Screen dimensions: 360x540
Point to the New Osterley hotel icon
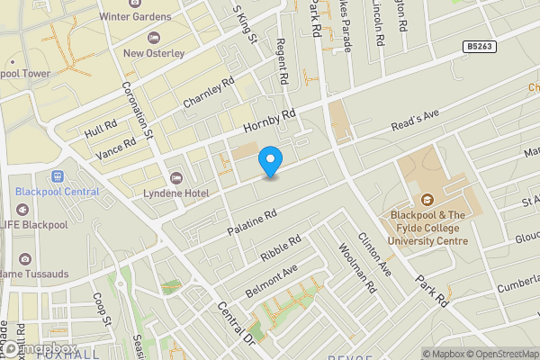coord(153,37)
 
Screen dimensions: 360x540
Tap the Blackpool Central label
coord(57,192)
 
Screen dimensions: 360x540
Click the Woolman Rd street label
coord(357,268)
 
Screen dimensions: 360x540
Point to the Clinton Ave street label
coord(374,254)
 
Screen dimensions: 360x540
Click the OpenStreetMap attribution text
coord(498,353)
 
